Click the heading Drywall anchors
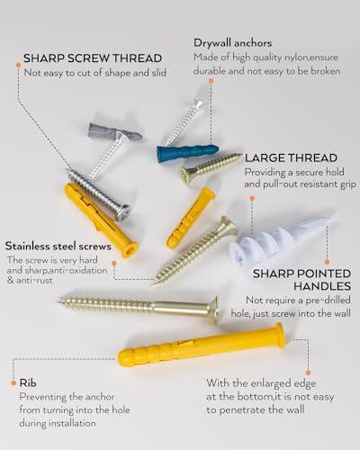232,42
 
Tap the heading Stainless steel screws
58,245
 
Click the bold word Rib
26,382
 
